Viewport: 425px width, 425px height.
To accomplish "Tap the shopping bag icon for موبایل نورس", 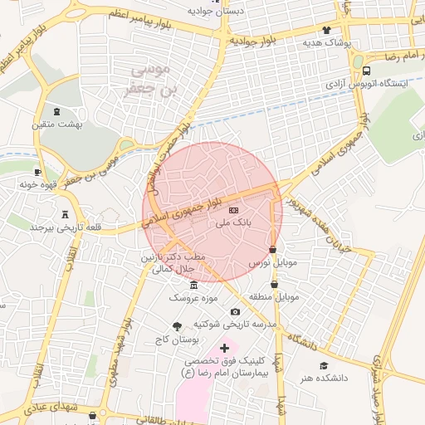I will [273, 249].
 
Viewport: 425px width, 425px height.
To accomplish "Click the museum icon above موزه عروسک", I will [193, 286].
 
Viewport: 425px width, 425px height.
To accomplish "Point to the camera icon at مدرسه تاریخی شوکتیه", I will [235, 311].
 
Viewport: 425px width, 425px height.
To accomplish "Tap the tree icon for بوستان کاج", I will [176, 327].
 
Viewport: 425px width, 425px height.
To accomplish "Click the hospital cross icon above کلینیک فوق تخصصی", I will [223, 347].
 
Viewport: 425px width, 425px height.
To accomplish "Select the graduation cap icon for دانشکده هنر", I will [325, 365].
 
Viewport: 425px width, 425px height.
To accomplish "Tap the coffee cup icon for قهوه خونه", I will [37, 172].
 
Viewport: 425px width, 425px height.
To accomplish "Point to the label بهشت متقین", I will [52, 125].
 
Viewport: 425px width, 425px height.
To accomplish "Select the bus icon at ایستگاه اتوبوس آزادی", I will [367, 71].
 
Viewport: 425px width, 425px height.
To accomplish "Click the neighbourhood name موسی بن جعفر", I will [150, 80].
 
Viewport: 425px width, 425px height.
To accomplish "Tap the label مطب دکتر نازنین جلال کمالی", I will [178, 265].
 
